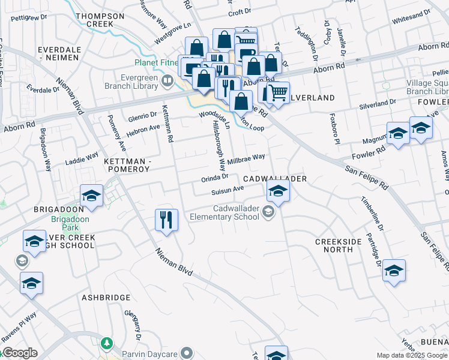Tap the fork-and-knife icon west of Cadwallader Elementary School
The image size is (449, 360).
pos(166,220)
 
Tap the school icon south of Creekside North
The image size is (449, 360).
pos(394,271)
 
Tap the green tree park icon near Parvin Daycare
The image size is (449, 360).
pos(107,343)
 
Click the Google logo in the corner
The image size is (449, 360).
pos(19,353)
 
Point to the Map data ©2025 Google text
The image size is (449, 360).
pos(412,355)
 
